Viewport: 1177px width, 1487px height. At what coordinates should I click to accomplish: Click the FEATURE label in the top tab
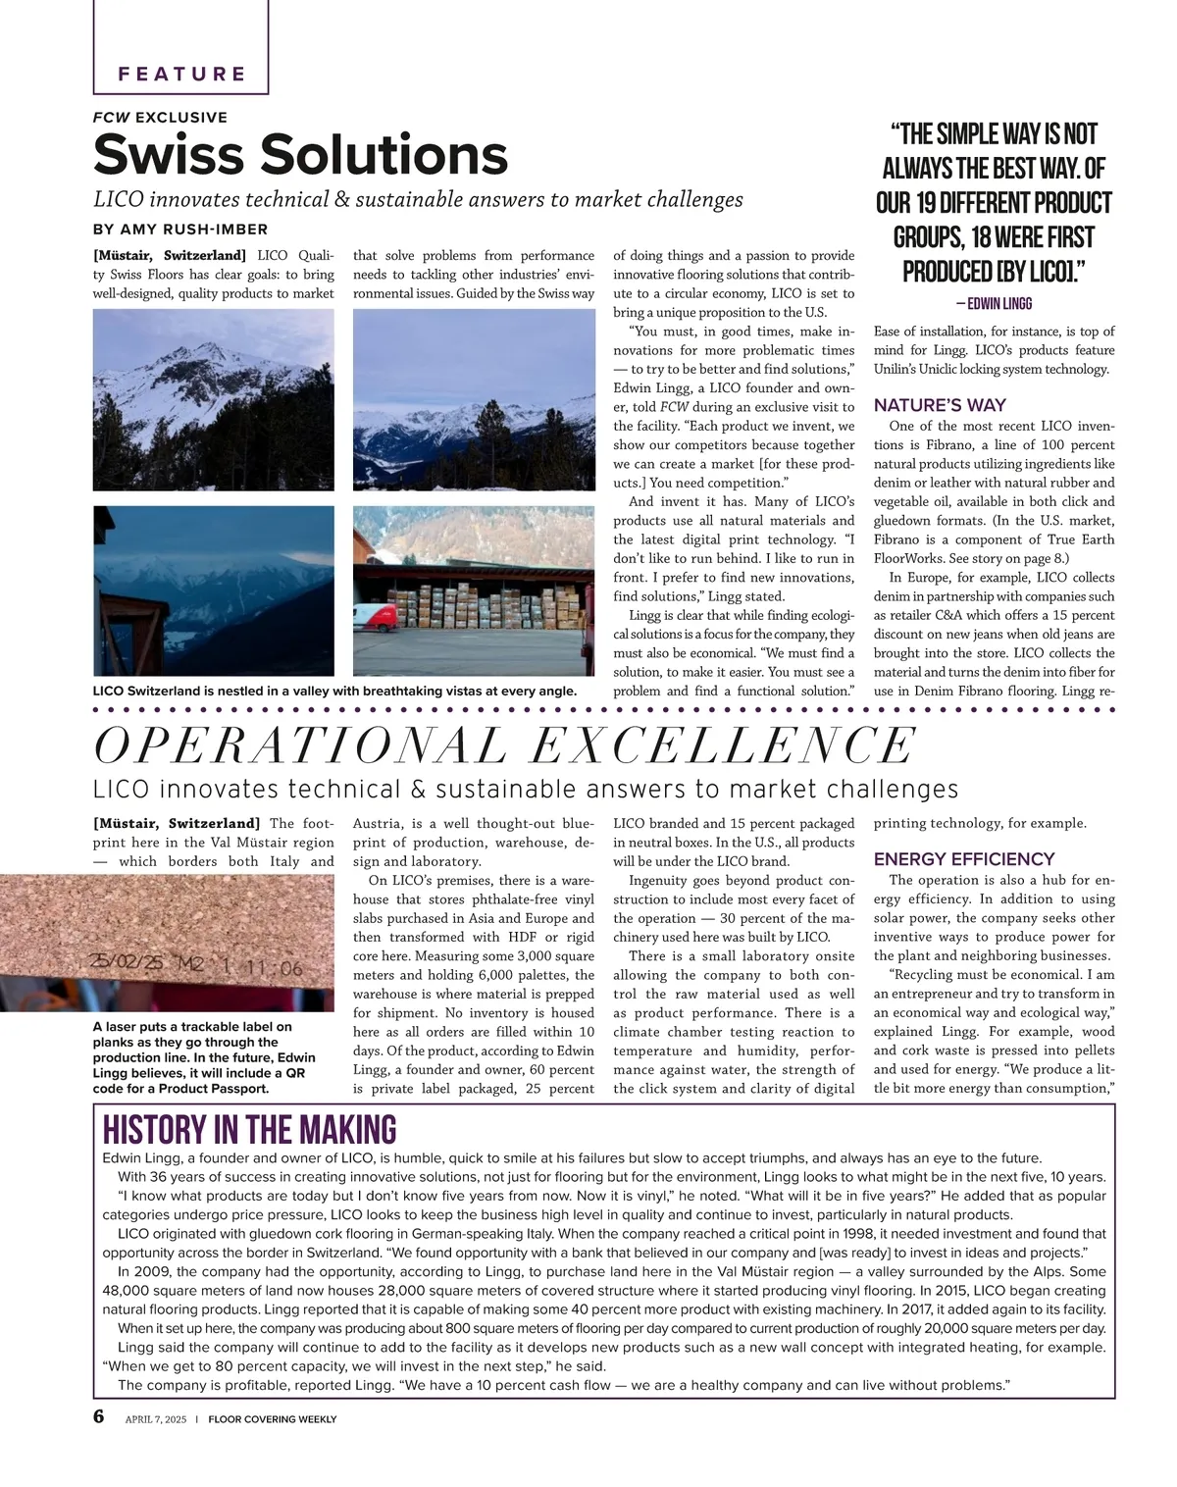[x=181, y=74]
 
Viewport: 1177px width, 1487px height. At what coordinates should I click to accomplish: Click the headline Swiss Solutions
[x=300, y=154]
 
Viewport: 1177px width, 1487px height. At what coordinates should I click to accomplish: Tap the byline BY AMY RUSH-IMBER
[x=179, y=230]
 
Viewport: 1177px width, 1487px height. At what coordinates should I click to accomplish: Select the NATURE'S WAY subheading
[x=940, y=405]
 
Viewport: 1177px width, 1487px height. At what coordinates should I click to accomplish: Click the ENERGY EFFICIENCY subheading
[x=964, y=858]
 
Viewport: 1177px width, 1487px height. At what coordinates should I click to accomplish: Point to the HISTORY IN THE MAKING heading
[x=249, y=1130]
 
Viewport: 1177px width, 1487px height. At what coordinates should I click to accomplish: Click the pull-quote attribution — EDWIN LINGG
[x=993, y=304]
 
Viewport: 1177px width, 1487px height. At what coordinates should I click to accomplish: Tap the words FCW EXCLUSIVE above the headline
[x=160, y=118]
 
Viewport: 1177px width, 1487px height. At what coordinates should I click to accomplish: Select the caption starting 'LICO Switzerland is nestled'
[x=334, y=691]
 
